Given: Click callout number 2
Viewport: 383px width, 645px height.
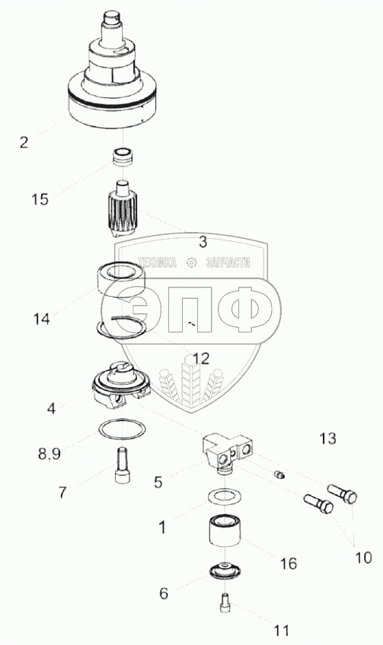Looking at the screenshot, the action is click(x=24, y=142).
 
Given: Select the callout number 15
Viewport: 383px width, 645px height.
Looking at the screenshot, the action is click(x=40, y=199).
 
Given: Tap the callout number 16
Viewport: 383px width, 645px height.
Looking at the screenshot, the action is click(x=289, y=564).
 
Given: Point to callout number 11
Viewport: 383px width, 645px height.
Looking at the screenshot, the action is click(x=282, y=631).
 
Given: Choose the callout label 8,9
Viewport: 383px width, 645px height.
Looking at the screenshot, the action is click(x=49, y=454).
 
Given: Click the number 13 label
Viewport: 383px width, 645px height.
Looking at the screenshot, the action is click(x=328, y=439).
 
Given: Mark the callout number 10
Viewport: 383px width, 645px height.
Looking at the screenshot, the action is click(x=363, y=558).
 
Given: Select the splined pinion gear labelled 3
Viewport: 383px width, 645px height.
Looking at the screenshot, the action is click(x=125, y=209).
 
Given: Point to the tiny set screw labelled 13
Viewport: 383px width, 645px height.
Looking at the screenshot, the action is click(x=279, y=475).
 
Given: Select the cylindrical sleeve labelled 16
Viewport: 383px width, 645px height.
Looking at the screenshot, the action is click(x=225, y=531).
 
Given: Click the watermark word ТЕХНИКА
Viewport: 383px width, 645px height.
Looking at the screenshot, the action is click(x=158, y=262).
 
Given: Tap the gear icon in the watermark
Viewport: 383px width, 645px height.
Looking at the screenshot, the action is click(x=190, y=262).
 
